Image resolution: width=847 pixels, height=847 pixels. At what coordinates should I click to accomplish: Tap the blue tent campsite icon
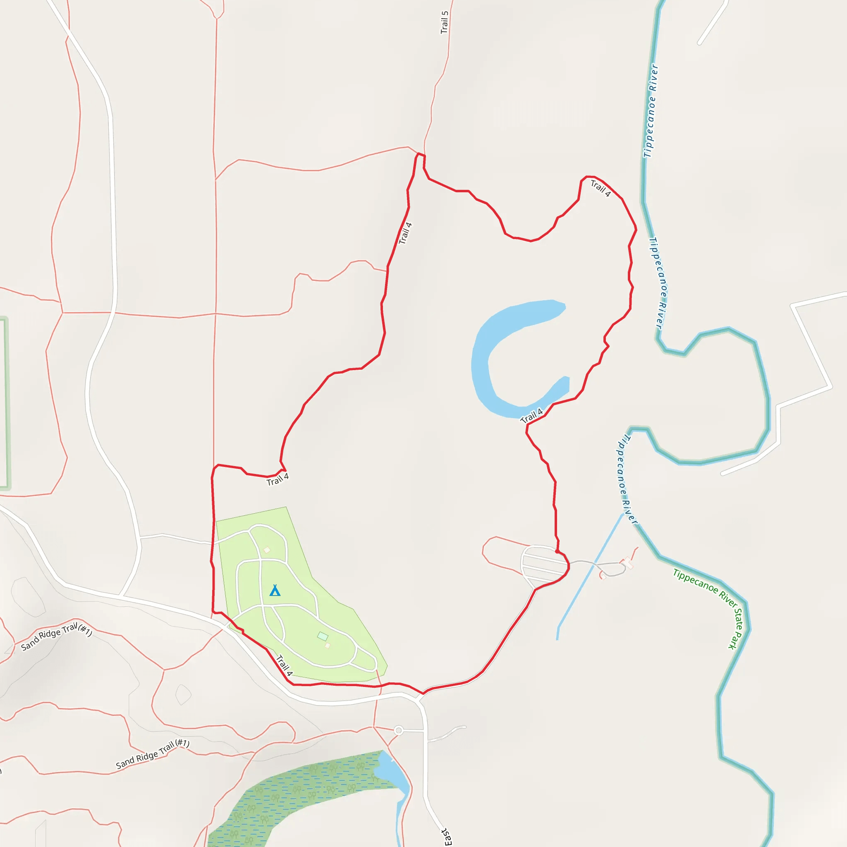275,591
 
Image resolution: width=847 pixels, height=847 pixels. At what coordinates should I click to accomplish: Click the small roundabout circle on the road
399,730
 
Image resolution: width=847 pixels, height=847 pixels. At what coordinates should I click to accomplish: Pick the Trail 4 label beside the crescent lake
531,416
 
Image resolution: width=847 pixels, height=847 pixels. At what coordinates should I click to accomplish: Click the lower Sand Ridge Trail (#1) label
153,754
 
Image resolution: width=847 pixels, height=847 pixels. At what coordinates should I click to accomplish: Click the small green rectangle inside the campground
323,636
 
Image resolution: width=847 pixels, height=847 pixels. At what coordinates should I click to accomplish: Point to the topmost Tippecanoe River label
651,111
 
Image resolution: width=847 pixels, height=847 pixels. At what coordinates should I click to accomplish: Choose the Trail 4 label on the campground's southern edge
285,665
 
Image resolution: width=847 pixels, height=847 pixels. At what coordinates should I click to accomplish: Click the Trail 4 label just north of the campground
278,479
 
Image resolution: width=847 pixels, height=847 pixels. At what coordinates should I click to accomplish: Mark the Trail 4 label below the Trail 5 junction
405,233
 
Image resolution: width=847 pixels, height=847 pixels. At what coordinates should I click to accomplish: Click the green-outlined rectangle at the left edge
5,403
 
